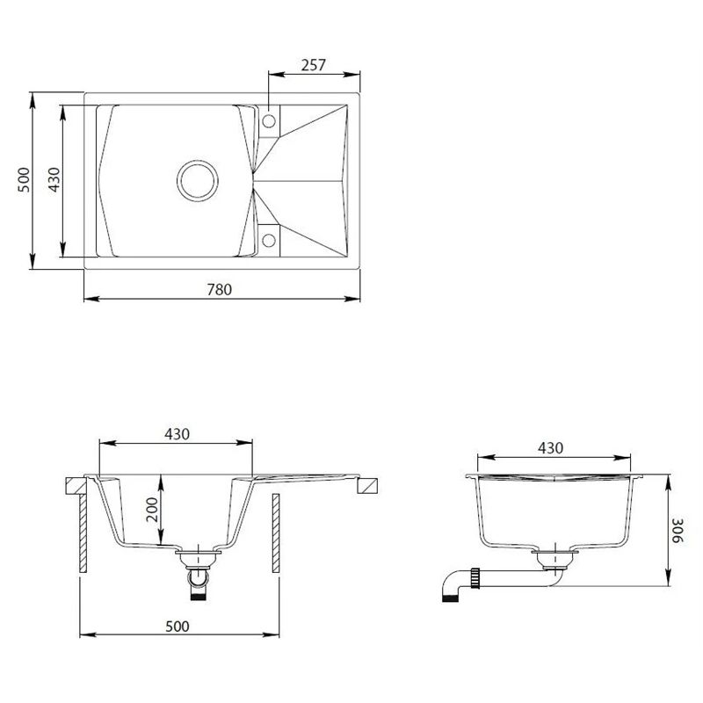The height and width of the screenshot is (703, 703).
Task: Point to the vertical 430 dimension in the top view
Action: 54,179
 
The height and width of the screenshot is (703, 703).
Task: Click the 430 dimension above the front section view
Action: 177,433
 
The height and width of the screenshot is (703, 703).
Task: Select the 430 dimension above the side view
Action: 550,447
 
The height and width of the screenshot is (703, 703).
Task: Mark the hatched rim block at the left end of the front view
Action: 76,485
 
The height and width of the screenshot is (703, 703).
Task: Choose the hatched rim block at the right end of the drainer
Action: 368,485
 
